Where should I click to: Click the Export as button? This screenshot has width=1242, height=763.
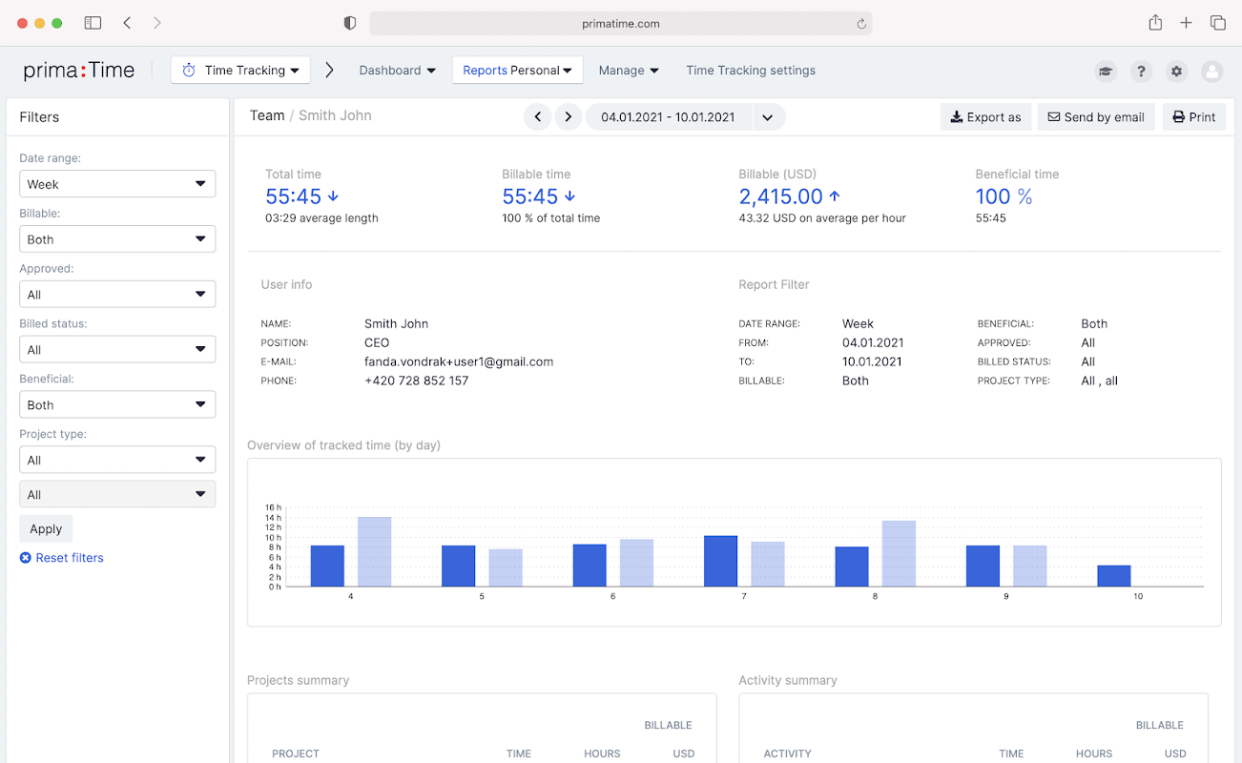point(985,117)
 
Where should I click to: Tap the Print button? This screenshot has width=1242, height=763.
point(1193,117)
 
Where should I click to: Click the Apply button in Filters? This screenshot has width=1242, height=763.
point(46,528)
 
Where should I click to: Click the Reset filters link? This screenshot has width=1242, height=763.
point(62,557)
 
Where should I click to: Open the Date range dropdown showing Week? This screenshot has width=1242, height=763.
point(117,183)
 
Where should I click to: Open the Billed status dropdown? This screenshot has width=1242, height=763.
point(117,349)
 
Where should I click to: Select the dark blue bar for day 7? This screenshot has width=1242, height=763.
point(721,561)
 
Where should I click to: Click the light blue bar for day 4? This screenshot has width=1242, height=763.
point(374,551)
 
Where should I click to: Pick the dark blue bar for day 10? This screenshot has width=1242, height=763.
point(1114,575)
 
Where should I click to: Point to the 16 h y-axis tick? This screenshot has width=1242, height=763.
point(273,507)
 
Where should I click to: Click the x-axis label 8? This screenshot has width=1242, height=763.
point(875,596)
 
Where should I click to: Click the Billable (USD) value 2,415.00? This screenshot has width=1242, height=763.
point(780,196)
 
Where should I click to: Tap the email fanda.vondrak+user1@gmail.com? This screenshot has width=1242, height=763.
point(459,361)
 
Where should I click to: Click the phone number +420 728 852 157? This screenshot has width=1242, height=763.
point(417,381)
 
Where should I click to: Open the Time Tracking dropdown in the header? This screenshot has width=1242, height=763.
point(240,70)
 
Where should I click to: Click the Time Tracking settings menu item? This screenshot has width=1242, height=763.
point(751,71)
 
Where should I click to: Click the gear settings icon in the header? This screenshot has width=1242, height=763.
point(1176,71)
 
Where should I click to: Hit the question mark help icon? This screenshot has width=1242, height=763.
point(1141,71)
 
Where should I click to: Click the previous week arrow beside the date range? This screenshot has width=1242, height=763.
point(537,117)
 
